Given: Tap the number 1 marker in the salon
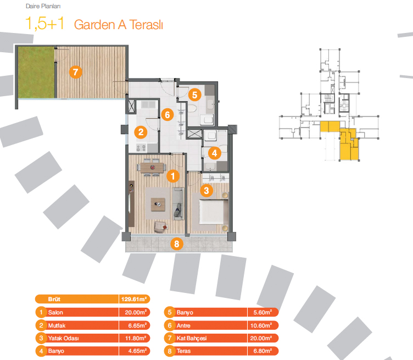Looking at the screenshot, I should point(172,176).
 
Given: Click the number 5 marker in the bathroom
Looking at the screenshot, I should point(194,95).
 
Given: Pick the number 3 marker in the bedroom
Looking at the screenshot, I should point(206,191).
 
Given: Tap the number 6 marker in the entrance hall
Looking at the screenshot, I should point(169,115).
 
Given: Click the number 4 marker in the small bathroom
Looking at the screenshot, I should point(215,153).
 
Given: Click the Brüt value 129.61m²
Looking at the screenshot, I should point(133,300).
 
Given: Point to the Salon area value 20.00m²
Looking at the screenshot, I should point(133,312).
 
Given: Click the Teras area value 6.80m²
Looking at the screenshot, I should point(263,351).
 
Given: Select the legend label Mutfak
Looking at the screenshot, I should point(58,325).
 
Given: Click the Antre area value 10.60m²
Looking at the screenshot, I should point(263,325).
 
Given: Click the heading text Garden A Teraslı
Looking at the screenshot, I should point(118,25).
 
